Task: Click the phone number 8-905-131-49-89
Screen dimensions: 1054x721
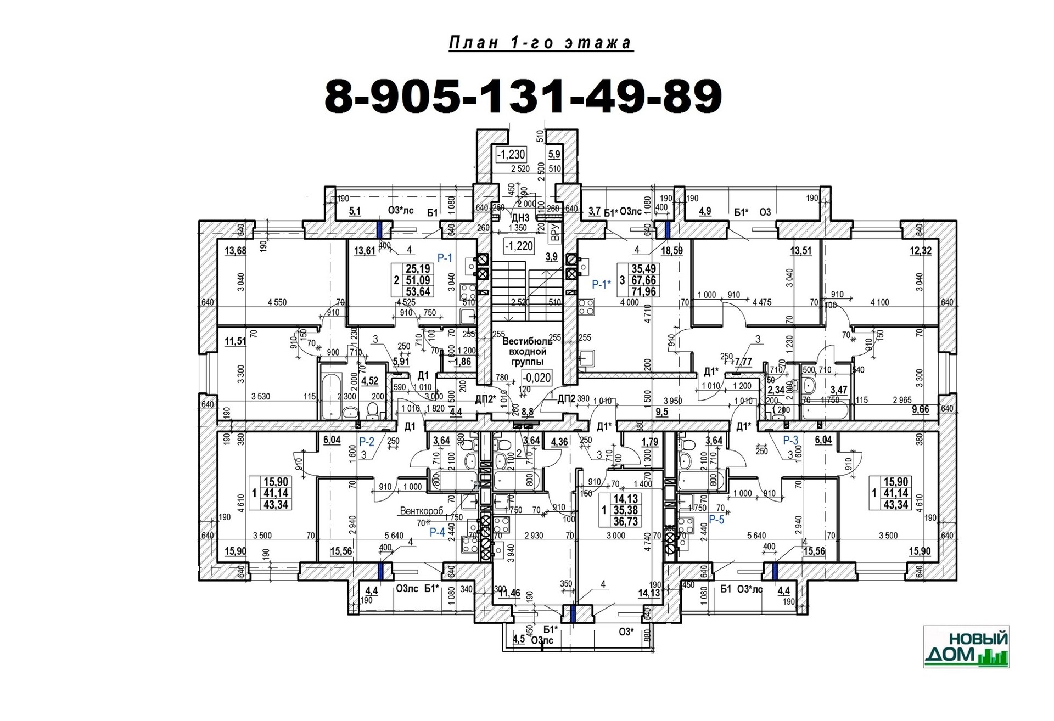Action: [x=523, y=97]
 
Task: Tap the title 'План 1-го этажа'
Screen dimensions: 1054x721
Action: [x=541, y=43]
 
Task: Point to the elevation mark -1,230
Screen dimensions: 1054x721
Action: [x=511, y=154]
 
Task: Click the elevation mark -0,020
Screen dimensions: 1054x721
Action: [x=536, y=378]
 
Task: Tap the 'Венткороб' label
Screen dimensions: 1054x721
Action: [x=421, y=511]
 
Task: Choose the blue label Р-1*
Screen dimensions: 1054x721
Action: [x=601, y=284]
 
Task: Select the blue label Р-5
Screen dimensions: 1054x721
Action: [x=716, y=519]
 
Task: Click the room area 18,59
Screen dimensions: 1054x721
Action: [x=671, y=251]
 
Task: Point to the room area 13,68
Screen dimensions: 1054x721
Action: [x=236, y=251]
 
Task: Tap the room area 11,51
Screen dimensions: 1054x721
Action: [x=236, y=341]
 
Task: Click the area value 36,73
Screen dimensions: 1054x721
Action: [x=625, y=521]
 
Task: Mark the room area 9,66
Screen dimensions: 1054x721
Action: [x=920, y=409]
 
